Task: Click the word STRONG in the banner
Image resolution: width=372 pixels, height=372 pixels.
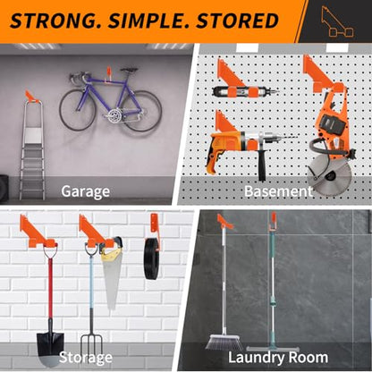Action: [55, 21]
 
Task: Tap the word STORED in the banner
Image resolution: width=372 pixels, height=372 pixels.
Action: [237, 21]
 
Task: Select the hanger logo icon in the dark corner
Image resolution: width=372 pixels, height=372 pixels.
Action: [337, 21]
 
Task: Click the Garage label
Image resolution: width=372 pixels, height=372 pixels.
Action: [86, 191]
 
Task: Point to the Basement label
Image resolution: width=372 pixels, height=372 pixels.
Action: [278, 191]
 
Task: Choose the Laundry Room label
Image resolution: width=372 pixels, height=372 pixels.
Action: [278, 357]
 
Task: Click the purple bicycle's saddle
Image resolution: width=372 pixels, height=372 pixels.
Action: [129, 70]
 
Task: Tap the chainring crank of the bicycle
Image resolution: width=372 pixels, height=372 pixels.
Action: [114, 115]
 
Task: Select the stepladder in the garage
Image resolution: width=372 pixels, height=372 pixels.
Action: [32, 150]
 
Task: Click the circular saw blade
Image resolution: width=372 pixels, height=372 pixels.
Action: [329, 174]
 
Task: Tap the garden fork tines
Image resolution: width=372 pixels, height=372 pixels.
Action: [91, 347]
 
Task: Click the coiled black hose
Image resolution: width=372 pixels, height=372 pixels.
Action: [152, 258]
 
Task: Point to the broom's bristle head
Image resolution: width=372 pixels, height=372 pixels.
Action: [224, 342]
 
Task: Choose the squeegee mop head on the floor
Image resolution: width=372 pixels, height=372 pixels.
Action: [273, 349]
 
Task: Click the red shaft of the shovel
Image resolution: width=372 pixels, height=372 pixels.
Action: [50, 289]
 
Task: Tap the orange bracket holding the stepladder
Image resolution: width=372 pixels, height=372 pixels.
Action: [32, 97]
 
